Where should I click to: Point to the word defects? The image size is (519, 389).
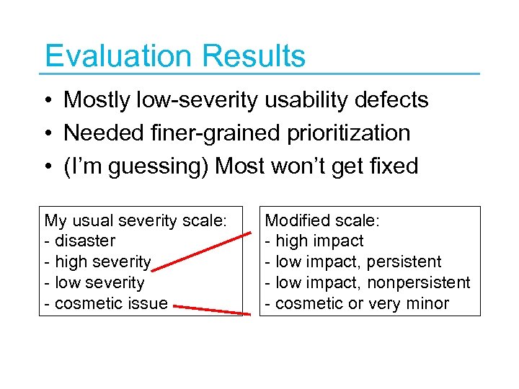[394, 100]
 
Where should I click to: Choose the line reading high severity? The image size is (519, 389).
[98, 262]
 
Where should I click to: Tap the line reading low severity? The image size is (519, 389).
[94, 283]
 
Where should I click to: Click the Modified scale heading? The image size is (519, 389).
[318, 220]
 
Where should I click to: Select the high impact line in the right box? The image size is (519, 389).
[315, 241]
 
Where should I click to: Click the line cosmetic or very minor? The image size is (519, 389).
[358, 304]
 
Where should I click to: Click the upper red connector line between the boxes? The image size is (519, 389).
[209, 248]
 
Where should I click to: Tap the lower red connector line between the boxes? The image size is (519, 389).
[213, 309]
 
